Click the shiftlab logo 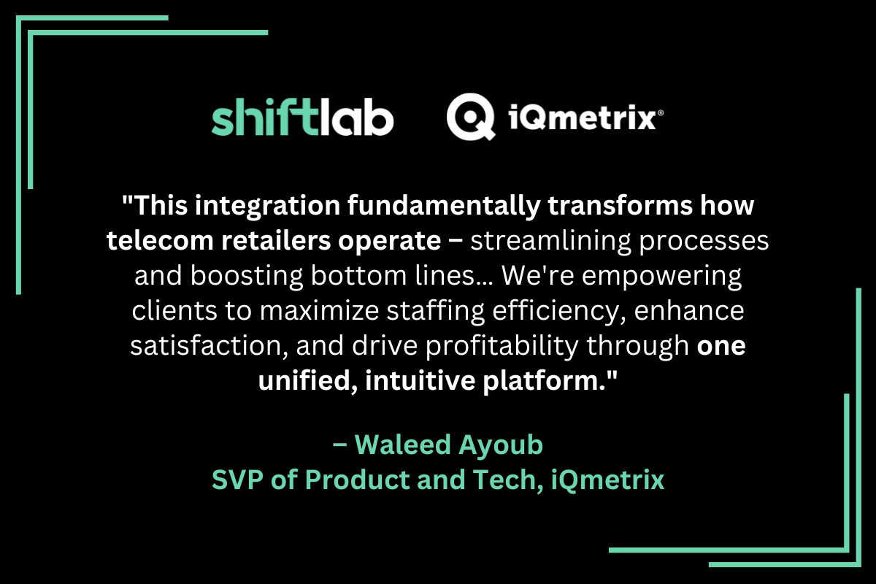point(302,118)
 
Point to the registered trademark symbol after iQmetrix point(661,113)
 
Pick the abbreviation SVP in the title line point(239,480)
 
